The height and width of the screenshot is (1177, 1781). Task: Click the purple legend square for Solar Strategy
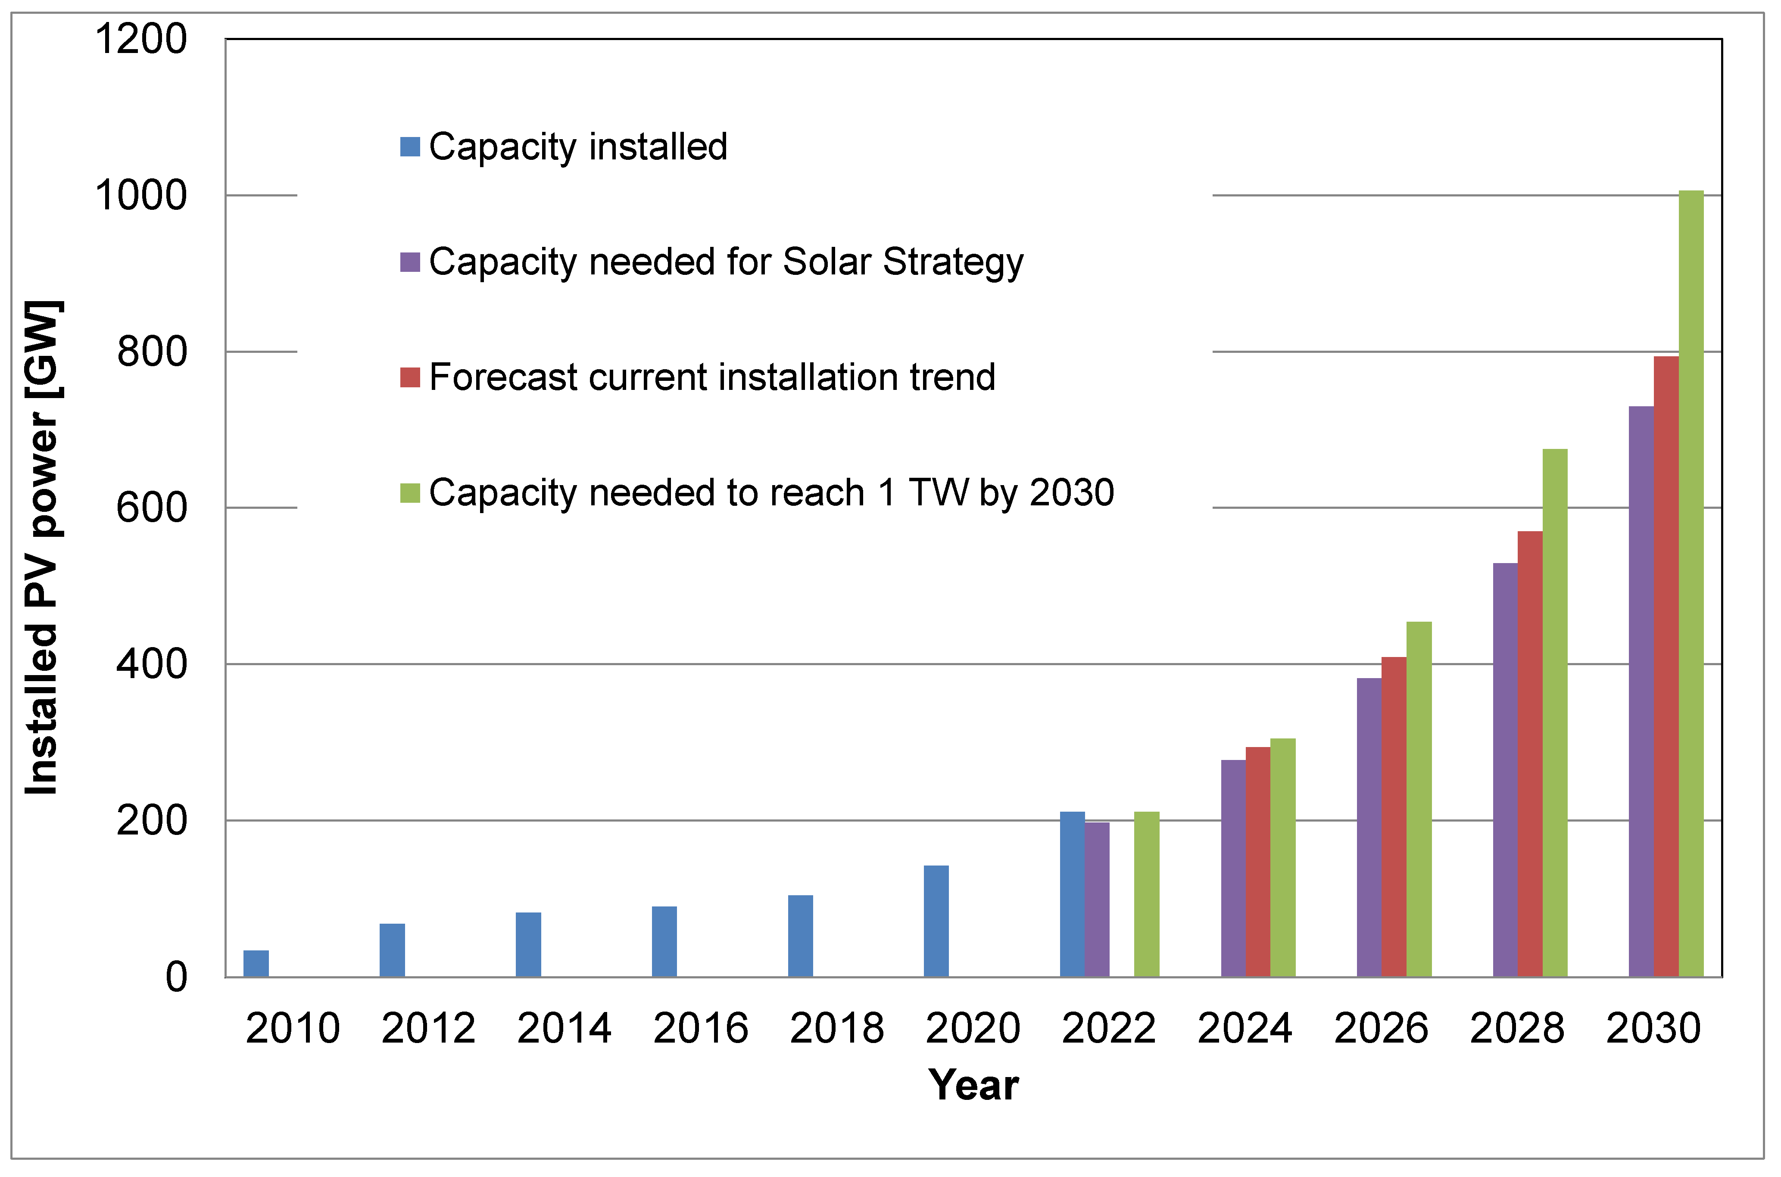tap(410, 262)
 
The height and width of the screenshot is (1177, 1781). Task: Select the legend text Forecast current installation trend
tap(712, 377)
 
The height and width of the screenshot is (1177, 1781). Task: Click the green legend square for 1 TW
tap(410, 493)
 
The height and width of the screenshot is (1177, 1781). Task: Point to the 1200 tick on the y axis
tap(140, 39)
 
